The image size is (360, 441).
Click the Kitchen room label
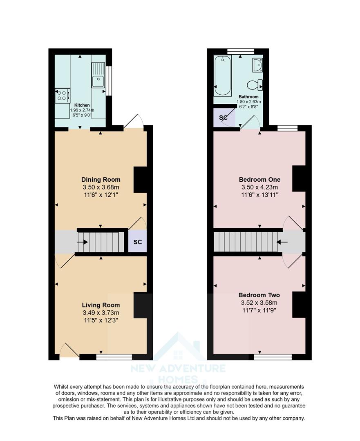tap(82, 105)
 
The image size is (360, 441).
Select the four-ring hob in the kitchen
tap(62, 95)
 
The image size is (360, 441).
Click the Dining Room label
tap(101, 180)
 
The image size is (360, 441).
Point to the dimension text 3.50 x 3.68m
tap(101, 187)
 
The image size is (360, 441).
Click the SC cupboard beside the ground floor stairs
tap(138, 242)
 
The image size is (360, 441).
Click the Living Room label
tap(101, 305)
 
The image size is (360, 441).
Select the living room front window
tap(114, 357)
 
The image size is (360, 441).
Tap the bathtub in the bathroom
tap(223, 75)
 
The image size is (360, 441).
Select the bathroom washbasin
tap(257, 65)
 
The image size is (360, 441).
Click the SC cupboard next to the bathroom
tap(224, 118)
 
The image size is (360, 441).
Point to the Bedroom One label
tap(259, 180)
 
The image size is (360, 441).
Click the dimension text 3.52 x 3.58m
tap(259, 303)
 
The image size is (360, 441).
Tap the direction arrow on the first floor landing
tap(282, 242)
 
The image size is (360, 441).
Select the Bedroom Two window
tap(273, 357)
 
